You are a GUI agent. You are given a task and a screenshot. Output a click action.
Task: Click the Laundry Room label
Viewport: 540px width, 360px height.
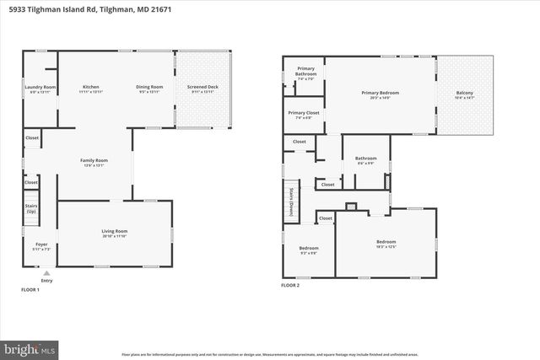[x=39, y=88]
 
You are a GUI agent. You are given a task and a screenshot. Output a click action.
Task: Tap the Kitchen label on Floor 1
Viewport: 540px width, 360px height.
[x=91, y=88]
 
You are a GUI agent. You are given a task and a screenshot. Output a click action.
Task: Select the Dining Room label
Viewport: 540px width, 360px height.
[x=149, y=88]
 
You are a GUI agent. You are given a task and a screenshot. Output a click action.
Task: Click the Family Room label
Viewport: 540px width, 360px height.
[x=94, y=161]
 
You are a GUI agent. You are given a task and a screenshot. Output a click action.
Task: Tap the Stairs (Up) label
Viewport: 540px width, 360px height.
[x=31, y=207]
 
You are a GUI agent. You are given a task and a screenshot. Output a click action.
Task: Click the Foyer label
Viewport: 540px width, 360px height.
[x=30, y=245]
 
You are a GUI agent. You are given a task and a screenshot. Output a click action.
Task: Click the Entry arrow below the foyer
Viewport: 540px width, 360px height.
[x=46, y=274]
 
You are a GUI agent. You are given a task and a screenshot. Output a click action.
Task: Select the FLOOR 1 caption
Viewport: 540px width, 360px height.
[x=30, y=289]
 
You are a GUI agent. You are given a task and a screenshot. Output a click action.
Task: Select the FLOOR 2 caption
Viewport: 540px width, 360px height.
[x=290, y=285]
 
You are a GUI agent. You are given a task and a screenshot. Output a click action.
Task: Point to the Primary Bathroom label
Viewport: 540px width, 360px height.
[x=305, y=73]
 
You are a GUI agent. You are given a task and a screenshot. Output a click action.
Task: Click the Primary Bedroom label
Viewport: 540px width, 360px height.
[x=380, y=94]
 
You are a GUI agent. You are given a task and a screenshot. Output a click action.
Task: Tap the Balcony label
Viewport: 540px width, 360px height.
[x=465, y=94]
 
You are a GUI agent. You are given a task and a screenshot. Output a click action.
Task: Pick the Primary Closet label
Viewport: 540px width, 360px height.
[x=303, y=114]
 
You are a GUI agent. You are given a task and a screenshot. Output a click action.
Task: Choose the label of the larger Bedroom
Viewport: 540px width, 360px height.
[x=386, y=243]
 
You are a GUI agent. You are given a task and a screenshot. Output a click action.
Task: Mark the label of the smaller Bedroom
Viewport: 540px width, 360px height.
[x=308, y=249]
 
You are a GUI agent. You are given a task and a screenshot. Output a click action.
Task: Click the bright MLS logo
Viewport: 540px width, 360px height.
[x=30, y=347]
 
